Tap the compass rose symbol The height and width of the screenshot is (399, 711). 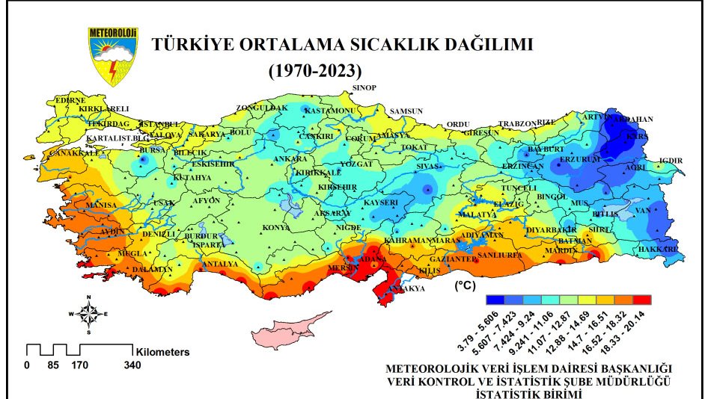[x=88, y=315]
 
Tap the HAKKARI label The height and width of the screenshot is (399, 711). [x=659, y=248]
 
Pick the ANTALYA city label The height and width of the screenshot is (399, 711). [x=221, y=264]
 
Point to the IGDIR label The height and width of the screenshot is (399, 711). [x=671, y=161]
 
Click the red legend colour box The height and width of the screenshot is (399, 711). [x=642, y=300]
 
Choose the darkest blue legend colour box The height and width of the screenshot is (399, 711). [x=494, y=300]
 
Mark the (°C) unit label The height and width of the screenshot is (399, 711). [x=466, y=285]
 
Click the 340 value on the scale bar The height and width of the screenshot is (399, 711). [x=132, y=365]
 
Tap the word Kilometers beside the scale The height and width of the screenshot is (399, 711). [x=162, y=351]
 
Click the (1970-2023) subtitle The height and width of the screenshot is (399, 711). [x=315, y=71]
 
